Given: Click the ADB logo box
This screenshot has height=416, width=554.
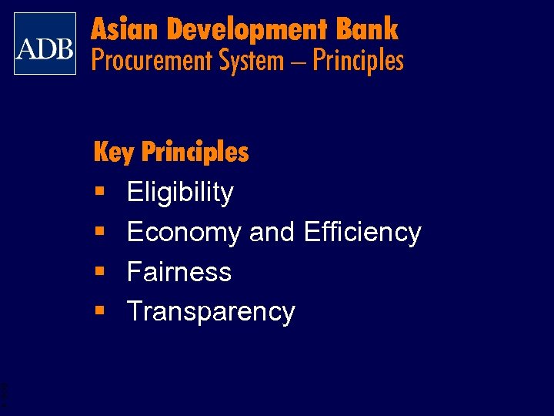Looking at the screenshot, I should click(x=45, y=44).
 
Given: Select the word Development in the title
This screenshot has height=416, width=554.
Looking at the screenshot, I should click(x=246, y=30).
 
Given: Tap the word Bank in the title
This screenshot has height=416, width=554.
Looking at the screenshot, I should click(x=367, y=29).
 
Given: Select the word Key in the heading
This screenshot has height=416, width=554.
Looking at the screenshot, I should click(x=113, y=153).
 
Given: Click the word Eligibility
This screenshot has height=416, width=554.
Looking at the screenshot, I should click(x=180, y=193).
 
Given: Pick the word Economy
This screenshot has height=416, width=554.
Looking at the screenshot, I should click(x=184, y=233).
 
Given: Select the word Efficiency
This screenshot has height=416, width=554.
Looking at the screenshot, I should click(x=362, y=232).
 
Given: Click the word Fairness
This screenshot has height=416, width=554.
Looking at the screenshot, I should click(x=179, y=272).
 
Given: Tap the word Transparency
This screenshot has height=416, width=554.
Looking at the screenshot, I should click(x=211, y=312).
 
